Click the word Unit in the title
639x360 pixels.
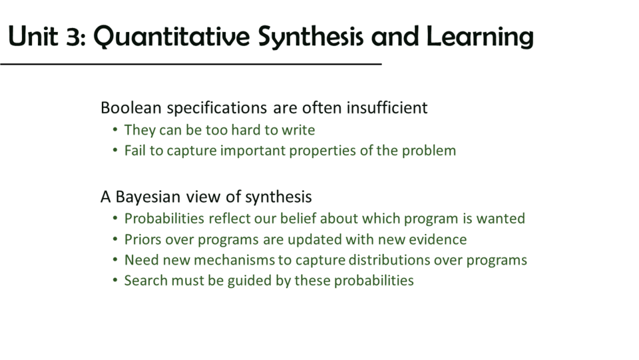pyautogui.click(x=33, y=36)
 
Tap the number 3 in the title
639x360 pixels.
pyautogui.click(x=75, y=37)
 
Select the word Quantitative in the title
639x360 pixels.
pyautogui.click(x=171, y=37)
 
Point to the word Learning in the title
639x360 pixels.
pyautogui.click(x=480, y=37)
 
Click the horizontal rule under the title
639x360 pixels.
pyautogui.click(x=191, y=64)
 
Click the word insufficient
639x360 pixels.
pyautogui.click(x=387, y=108)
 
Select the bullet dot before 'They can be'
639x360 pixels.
pyautogui.click(x=115, y=130)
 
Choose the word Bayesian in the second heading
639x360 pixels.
pyautogui.click(x=148, y=197)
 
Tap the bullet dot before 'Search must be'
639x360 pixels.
pyautogui.click(x=115, y=281)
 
